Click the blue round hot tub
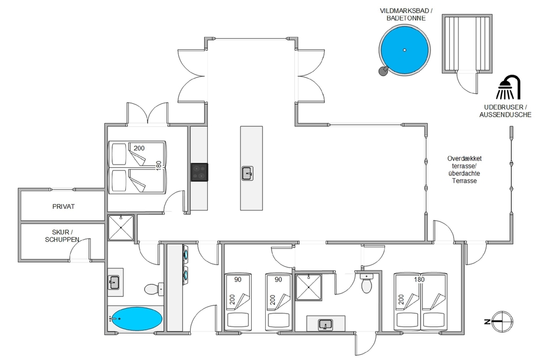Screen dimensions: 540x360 (404, 50)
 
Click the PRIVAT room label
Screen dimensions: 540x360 (63, 207)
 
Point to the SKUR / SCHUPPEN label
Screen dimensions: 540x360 (62, 236)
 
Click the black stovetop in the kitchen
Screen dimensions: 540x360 (200, 172)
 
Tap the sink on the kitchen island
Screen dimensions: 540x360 (247, 173)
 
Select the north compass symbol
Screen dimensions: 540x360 (502, 322)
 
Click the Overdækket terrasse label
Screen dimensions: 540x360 (464, 169)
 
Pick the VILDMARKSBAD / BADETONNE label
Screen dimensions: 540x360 (406, 15)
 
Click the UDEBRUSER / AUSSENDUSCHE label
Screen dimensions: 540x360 (505, 111)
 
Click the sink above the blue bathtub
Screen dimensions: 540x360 (113, 283)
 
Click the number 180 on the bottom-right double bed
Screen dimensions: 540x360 (419, 280)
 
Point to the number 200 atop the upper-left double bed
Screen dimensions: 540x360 (139, 148)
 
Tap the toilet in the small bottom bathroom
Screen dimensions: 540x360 (366, 283)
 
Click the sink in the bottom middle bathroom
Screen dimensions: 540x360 (325, 324)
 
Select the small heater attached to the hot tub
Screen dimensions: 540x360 (383, 71)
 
